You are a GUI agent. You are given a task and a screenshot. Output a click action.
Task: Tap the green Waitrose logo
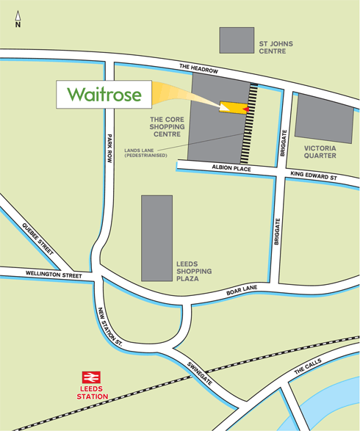click(104, 95)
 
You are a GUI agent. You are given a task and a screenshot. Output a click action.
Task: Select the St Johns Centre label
click(276, 48)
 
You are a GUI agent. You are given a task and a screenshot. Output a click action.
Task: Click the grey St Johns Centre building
click(237, 40)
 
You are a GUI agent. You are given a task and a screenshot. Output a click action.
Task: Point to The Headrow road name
click(199, 68)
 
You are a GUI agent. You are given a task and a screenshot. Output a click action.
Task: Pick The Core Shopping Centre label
click(167, 126)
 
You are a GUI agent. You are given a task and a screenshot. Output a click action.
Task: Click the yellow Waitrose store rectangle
click(232, 108)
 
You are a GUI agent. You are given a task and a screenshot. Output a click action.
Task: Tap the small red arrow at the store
click(245, 109)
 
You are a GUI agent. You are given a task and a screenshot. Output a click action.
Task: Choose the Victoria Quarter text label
click(320, 152)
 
